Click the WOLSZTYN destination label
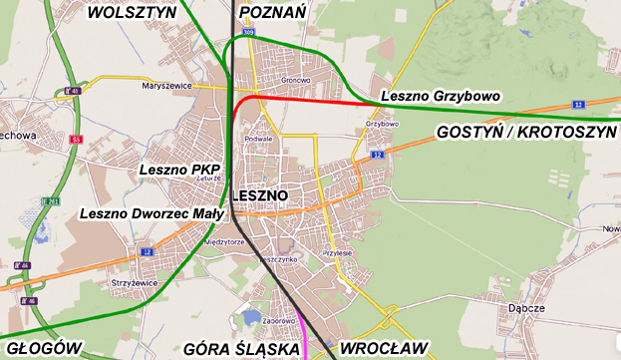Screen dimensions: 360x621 click(132, 12)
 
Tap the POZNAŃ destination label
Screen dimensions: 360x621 click(272, 12)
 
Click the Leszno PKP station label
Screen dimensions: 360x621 click(179, 171)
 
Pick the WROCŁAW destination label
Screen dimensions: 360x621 click(384, 348)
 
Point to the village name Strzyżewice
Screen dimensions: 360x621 click(137, 282)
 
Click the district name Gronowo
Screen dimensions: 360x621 click(296, 80)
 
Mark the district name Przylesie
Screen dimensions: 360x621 click(337, 253)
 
